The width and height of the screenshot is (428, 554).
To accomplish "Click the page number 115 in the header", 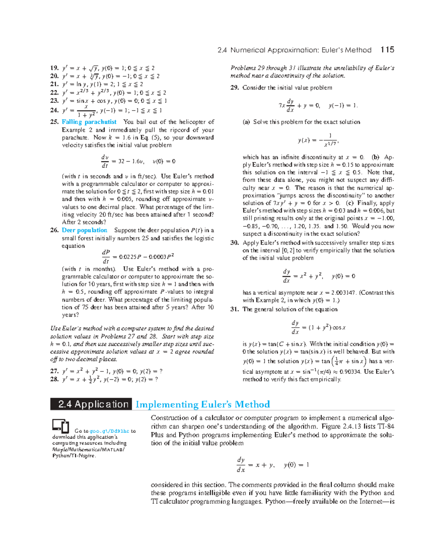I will (387, 50).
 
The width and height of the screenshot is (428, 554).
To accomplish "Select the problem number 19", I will (54, 68).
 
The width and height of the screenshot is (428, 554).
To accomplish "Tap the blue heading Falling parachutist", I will (89, 122).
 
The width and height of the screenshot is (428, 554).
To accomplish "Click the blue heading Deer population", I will (85, 230).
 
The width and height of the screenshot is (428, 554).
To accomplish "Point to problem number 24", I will (54, 110).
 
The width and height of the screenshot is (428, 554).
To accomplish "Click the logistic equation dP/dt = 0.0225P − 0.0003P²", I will (138, 256).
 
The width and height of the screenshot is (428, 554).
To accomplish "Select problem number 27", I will (54, 371).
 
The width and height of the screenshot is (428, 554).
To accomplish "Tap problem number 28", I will (54, 379).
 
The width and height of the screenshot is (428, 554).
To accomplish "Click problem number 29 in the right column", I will (234, 88).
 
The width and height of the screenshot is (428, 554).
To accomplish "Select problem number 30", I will (234, 243).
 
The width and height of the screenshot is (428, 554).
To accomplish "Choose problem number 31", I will (234, 309).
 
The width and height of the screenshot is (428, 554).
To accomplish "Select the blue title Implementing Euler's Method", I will (203, 405).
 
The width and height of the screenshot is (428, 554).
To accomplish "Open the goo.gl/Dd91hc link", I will (109, 431).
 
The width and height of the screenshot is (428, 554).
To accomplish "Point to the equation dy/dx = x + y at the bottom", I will (273, 465).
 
